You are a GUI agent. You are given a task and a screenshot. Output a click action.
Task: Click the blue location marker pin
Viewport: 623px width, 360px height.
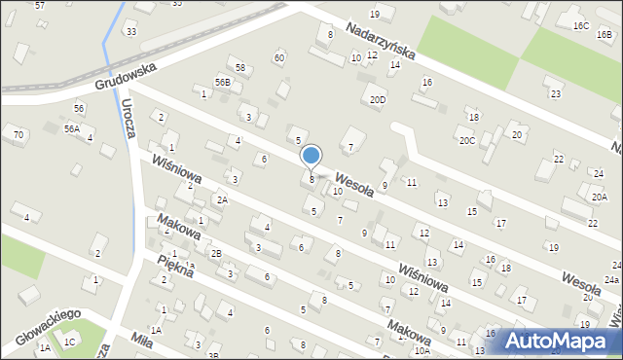click(311, 156)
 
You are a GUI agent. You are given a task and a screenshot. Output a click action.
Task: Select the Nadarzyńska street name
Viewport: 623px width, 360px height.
click(381, 40)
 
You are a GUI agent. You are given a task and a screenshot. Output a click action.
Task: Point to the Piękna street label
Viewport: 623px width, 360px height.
click(175, 266)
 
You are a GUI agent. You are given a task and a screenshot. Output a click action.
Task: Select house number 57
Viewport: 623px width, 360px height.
click(40, 6)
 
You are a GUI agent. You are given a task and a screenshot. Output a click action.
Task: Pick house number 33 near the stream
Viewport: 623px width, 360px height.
click(130, 32)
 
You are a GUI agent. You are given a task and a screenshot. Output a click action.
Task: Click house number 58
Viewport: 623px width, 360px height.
click(240, 67)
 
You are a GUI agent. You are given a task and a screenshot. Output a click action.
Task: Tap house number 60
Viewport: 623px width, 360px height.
click(279, 58)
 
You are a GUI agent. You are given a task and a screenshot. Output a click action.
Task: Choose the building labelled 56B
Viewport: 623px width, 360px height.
click(223, 83)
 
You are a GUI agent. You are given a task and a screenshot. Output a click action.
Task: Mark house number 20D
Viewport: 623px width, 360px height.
click(378, 99)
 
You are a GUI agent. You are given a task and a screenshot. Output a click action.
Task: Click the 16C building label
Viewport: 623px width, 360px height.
click(581, 25)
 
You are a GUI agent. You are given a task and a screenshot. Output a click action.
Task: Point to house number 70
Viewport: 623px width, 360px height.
click(18, 133)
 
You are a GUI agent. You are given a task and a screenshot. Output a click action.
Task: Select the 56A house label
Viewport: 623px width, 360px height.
click(72, 128)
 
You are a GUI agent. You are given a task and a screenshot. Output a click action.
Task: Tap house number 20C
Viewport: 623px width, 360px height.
click(467, 141)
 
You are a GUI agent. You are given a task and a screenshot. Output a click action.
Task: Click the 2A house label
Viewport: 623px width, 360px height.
click(222, 199)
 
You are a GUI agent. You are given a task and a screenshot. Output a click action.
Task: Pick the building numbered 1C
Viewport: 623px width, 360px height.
click(69, 342)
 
